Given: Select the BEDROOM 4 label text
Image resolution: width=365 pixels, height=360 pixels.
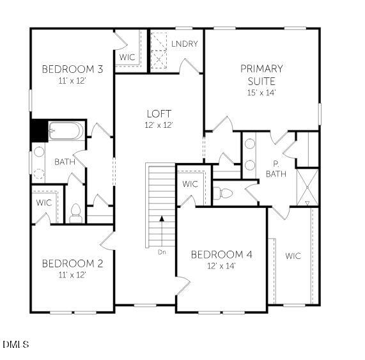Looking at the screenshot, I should coord(221,254).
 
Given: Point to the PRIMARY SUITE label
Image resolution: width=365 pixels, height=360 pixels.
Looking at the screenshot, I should coord(261,75).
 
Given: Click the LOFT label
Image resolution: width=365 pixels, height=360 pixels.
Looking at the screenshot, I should coord(159,114).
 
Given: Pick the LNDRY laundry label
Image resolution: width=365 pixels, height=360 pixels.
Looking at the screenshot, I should coord(184,43).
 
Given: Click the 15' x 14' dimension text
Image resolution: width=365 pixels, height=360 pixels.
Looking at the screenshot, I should coord(261,92).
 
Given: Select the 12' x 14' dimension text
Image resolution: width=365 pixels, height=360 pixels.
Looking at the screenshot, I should coord(221,265).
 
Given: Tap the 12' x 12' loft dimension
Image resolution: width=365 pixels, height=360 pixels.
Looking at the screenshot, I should coord(159,125).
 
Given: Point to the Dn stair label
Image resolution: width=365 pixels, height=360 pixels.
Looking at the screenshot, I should coord(162,252).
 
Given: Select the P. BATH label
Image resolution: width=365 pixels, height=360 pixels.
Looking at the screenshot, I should coord(276,169).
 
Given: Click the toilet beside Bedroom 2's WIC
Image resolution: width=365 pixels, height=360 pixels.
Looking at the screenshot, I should coord(75,213).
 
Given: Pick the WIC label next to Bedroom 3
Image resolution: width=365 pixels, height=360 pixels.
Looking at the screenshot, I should coord(127,57).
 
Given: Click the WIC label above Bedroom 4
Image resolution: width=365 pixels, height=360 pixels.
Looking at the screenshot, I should coord(190,184).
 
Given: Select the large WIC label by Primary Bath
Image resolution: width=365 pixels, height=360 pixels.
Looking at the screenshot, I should coord(293,256).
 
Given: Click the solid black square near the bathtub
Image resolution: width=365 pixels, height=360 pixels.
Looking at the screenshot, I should coord(39,130).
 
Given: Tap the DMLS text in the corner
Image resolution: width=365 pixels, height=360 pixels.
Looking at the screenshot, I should coord(16,345).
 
